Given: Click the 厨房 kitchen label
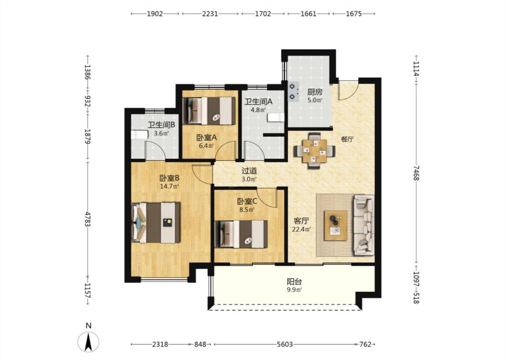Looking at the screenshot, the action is (315, 92).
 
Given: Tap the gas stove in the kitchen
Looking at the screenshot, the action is (293, 91).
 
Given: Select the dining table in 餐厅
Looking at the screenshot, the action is (314, 151).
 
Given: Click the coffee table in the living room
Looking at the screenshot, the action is (336, 225).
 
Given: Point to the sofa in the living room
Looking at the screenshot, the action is (364, 225).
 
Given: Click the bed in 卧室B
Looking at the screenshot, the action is (156, 222).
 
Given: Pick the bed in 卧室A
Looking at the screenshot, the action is (209, 111).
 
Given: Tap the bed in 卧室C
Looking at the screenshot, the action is (241, 234).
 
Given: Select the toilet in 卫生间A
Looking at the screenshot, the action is (276, 117).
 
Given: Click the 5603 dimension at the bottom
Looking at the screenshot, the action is (285, 344).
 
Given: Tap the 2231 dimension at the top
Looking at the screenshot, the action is (210, 13).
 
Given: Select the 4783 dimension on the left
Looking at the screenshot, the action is (87, 219).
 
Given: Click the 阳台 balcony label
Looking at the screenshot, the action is (295, 282).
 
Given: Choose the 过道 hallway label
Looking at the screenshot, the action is (250, 171).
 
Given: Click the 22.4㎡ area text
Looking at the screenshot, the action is (301, 229).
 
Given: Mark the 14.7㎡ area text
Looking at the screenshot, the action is (170, 186).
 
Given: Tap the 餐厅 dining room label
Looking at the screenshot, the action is (347, 139).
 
